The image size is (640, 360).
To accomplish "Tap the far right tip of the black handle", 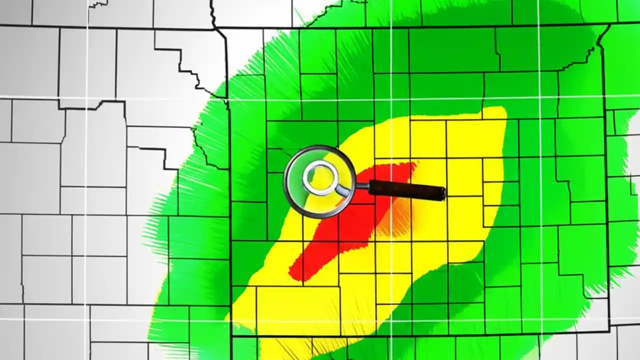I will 444,193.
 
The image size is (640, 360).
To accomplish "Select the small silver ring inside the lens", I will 320,177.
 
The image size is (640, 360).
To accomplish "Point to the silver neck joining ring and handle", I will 345,190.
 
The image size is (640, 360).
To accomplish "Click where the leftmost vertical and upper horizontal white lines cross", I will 86,97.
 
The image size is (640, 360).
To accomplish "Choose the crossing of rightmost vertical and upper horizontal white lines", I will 539,97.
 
